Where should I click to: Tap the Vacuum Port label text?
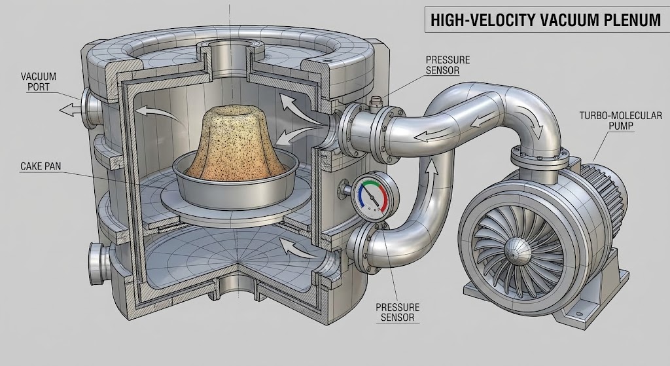(39, 82)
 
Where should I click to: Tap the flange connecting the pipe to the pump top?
(537, 158)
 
